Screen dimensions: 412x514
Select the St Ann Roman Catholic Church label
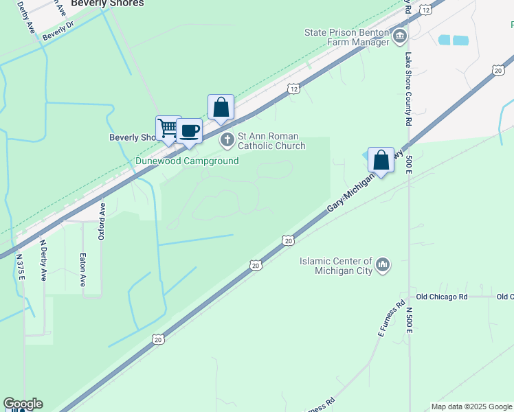(x=271, y=141)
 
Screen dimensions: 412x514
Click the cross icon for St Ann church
(x=227, y=141)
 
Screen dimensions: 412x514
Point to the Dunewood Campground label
(x=186, y=161)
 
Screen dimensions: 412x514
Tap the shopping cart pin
(x=168, y=128)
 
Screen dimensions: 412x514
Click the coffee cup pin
(x=189, y=131)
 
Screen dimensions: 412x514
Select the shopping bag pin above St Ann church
(x=221, y=107)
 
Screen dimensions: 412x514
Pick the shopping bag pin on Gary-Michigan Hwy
(x=381, y=160)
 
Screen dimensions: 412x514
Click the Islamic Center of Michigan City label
(x=336, y=266)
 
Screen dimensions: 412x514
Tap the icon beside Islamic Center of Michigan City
(x=383, y=264)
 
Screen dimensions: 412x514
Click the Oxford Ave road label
(x=101, y=220)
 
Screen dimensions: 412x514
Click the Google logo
(x=23, y=404)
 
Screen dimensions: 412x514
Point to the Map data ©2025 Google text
(x=471, y=407)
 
